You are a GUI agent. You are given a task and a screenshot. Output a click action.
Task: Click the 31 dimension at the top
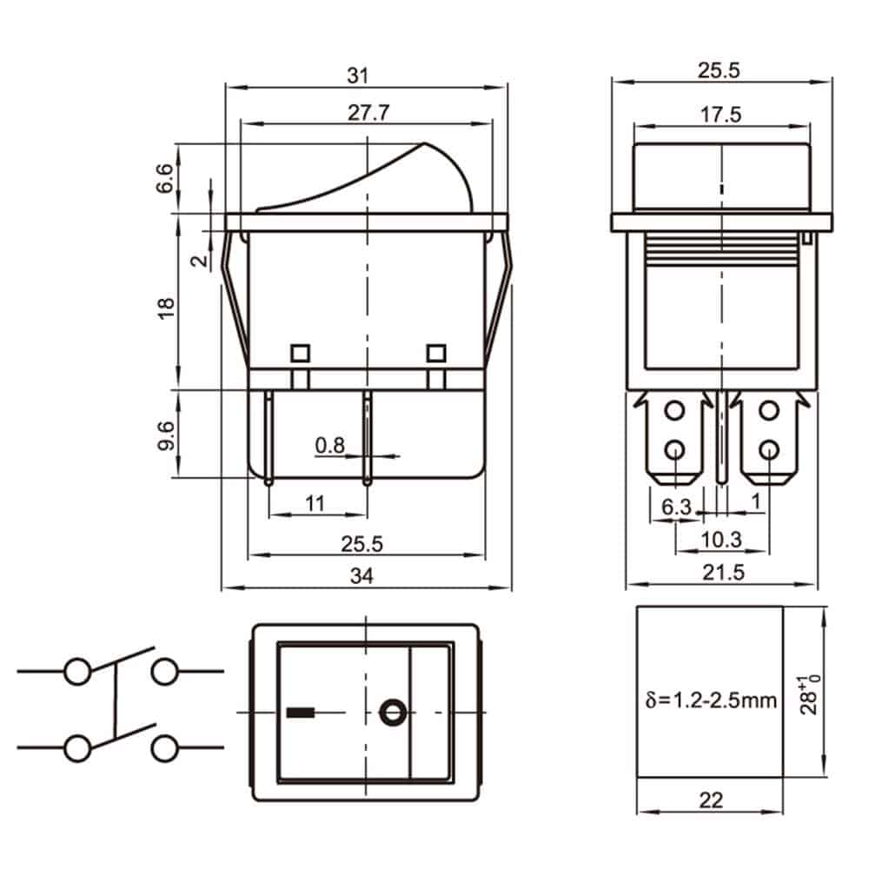[358, 76]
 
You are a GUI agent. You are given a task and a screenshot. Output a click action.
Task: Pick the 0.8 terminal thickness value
[330, 446]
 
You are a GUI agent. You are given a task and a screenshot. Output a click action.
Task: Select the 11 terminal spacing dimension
[315, 501]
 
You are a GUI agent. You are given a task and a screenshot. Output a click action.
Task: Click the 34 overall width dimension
[365, 575]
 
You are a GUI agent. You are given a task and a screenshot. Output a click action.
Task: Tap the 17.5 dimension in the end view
[721, 114]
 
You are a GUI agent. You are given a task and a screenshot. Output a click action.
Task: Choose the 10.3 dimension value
[721, 540]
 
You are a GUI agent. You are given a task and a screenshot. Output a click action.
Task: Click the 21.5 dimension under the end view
[721, 573]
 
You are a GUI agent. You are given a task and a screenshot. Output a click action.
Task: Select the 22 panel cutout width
[711, 800]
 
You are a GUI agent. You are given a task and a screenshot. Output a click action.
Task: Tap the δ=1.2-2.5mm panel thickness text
[711, 700]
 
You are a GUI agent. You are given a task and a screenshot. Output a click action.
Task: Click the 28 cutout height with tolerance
[812, 693]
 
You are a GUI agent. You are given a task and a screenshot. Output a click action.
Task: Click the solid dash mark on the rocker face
[298, 714]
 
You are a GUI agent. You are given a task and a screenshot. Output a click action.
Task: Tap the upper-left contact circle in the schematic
[78, 672]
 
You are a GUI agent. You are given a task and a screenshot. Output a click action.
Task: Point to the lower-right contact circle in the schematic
[164, 747]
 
